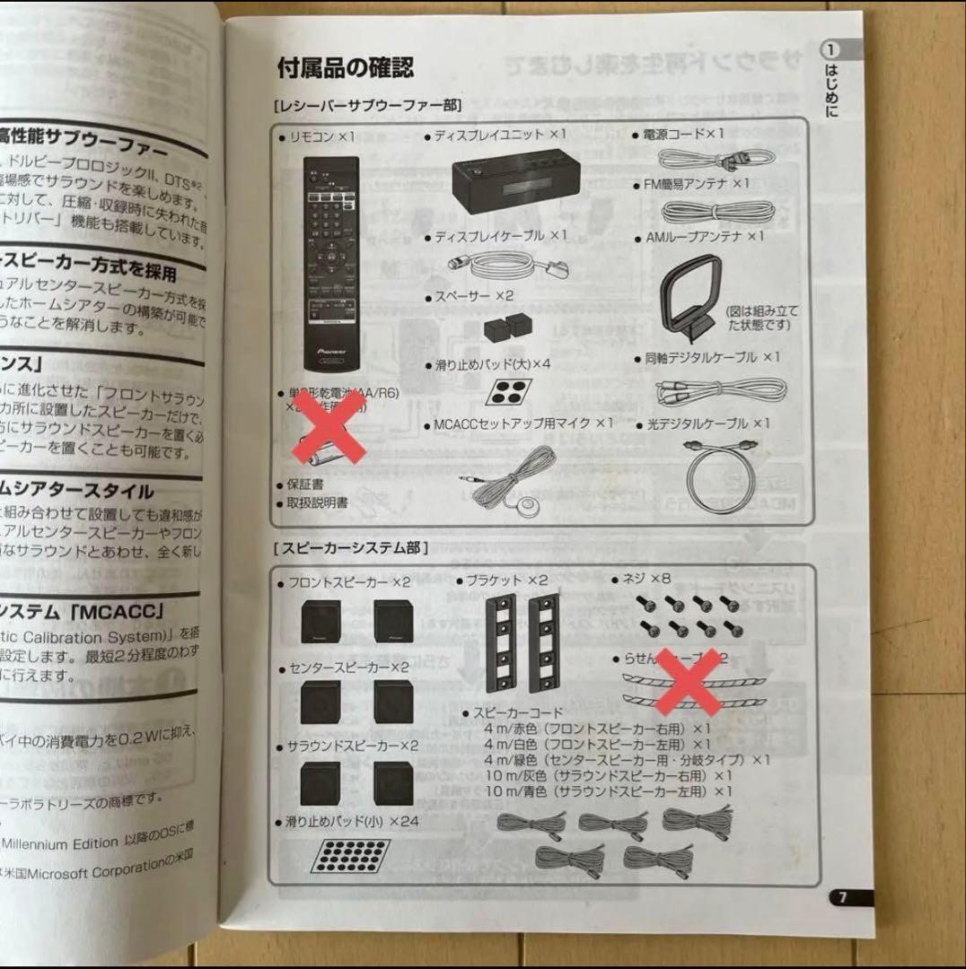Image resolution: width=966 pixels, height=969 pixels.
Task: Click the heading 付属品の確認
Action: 346,67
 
